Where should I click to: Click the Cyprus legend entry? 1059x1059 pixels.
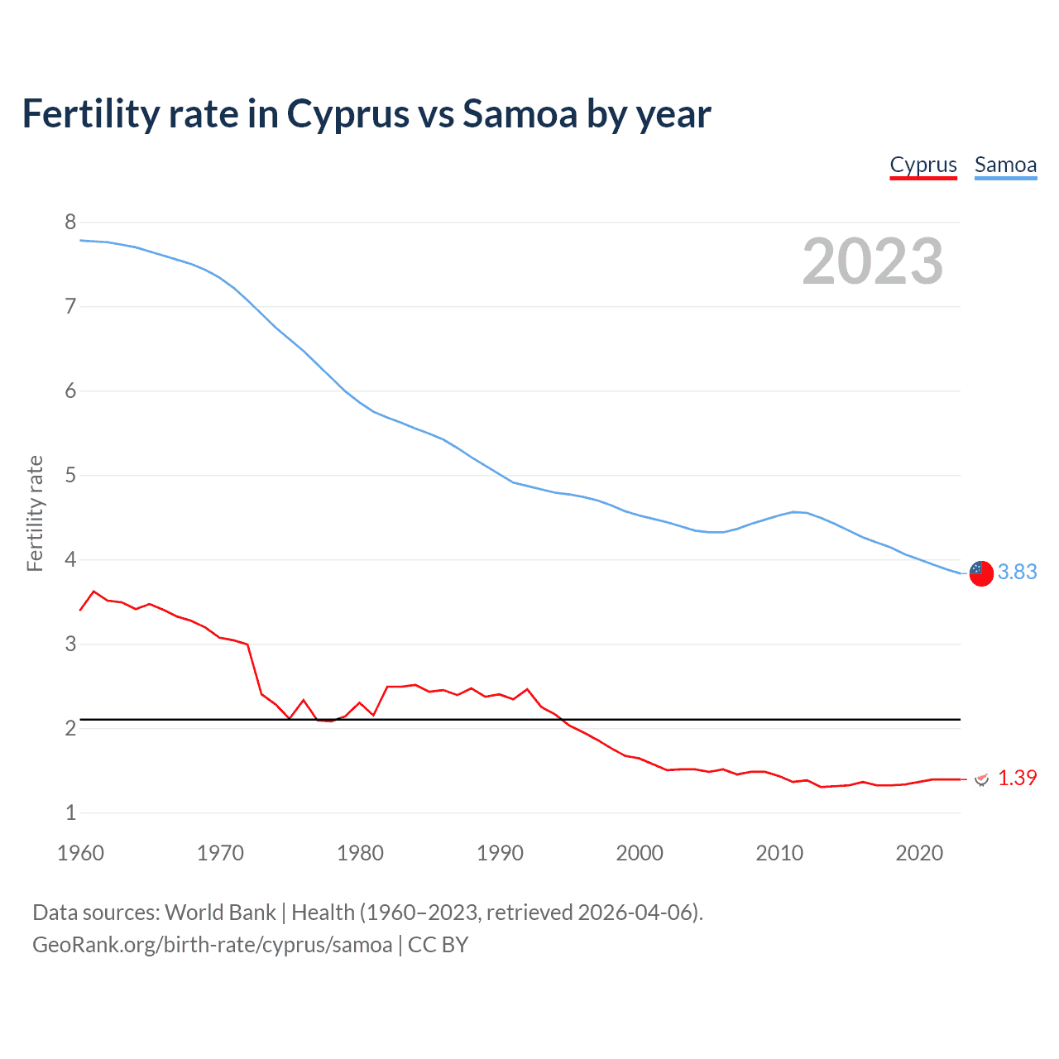coord(923,165)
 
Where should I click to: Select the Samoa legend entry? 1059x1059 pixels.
coord(1005,165)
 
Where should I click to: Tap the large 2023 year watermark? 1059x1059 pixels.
coord(873,261)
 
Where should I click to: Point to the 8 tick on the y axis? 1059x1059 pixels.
coord(70,222)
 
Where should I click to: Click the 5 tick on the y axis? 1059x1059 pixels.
coord(70,475)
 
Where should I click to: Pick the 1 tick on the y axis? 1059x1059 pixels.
coord(70,812)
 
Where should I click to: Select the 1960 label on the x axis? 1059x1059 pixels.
coord(80,853)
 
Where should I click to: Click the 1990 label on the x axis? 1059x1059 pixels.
coord(500,853)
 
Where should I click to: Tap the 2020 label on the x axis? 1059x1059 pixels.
coord(919,853)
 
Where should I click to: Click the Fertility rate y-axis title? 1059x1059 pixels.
coord(35,513)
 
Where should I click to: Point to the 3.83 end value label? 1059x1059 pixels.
coord(1017,573)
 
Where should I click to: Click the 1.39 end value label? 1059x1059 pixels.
coord(1017,779)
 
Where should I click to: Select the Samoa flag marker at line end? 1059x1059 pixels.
coord(981,573)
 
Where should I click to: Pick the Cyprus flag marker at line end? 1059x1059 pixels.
coord(981,779)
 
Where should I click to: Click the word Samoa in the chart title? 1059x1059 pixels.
coord(520,114)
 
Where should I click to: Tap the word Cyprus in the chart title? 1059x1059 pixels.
coord(347,114)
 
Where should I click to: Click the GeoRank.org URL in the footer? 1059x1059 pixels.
coord(212,945)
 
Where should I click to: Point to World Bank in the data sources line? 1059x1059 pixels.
coord(220,913)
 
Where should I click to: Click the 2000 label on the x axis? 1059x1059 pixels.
coord(640,853)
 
